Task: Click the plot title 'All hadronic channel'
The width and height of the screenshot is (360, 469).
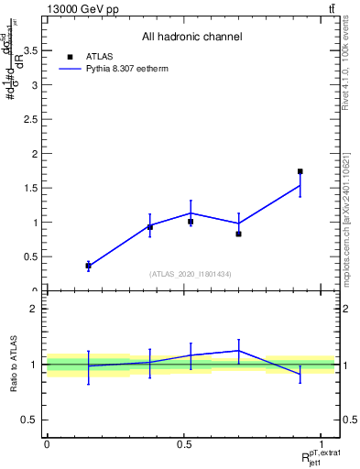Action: click(191, 37)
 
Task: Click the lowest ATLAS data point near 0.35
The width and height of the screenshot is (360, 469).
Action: click(88, 266)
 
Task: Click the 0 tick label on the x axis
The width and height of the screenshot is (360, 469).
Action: click(47, 444)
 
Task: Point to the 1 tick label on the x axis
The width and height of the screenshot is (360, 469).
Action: click(322, 444)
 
